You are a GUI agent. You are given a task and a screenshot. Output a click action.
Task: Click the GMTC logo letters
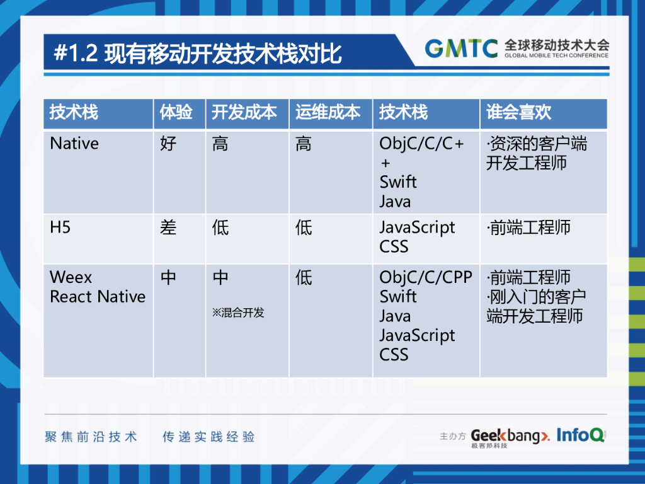click(x=461, y=48)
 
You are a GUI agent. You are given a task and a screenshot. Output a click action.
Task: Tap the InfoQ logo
click(x=581, y=435)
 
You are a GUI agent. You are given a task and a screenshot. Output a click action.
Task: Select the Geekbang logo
click(x=510, y=436)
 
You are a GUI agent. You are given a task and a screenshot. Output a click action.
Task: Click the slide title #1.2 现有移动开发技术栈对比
click(x=198, y=54)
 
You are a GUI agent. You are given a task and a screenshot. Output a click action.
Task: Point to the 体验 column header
click(x=176, y=112)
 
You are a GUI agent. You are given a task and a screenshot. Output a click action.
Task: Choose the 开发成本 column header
click(x=244, y=112)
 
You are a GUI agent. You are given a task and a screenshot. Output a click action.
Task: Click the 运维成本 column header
click(x=328, y=112)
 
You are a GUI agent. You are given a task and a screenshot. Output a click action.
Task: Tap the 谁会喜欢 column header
click(x=518, y=112)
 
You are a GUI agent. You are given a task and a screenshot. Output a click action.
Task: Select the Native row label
click(x=74, y=144)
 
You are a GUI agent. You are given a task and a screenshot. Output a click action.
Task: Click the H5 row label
click(x=60, y=227)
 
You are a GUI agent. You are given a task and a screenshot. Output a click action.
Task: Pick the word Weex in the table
click(x=71, y=277)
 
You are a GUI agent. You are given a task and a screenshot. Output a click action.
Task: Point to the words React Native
click(x=98, y=297)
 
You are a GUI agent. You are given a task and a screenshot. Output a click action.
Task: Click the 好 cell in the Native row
click(x=168, y=144)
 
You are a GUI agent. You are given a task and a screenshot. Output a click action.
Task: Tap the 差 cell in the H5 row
click(x=168, y=227)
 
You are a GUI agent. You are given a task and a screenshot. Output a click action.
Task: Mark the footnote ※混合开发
click(x=238, y=313)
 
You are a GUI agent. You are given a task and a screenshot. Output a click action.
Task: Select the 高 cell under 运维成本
click(x=304, y=144)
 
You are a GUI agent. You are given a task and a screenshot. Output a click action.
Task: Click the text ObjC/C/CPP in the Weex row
click(x=426, y=277)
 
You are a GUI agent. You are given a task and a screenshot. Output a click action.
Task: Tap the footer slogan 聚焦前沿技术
click(x=91, y=437)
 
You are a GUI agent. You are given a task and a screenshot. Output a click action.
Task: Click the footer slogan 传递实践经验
click(x=208, y=437)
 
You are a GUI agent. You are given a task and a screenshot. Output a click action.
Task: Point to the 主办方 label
click(x=452, y=436)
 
